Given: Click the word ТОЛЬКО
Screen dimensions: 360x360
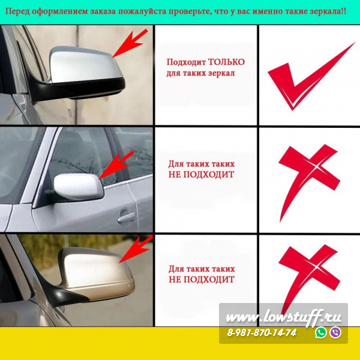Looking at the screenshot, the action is pos(226,62).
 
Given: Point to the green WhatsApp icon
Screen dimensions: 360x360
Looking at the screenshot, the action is pos(321,332).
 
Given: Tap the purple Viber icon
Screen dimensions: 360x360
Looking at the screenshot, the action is pos(335,332).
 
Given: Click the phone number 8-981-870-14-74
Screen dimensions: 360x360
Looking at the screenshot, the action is pos(262,332).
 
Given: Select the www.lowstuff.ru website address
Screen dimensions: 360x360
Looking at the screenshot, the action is pos(284,317).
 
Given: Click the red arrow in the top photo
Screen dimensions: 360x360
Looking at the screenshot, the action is pos(130,43).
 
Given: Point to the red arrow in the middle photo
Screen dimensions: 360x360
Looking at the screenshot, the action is pos(116,165).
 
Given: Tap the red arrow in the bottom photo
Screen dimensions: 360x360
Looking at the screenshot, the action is pos(136,249).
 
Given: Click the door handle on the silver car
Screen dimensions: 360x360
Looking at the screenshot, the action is pos(126,217).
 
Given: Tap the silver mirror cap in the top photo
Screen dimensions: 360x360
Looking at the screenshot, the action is pos(85,64).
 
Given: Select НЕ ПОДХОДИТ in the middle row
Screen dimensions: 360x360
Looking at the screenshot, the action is pos(202,175).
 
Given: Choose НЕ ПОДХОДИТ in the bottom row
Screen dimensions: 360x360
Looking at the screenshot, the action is pos(202,280).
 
